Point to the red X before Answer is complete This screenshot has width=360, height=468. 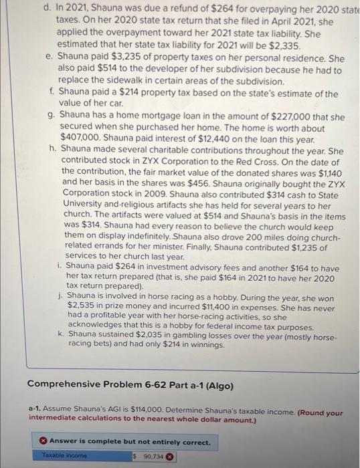pos(42,442)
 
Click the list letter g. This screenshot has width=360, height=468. pos(52,116)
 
